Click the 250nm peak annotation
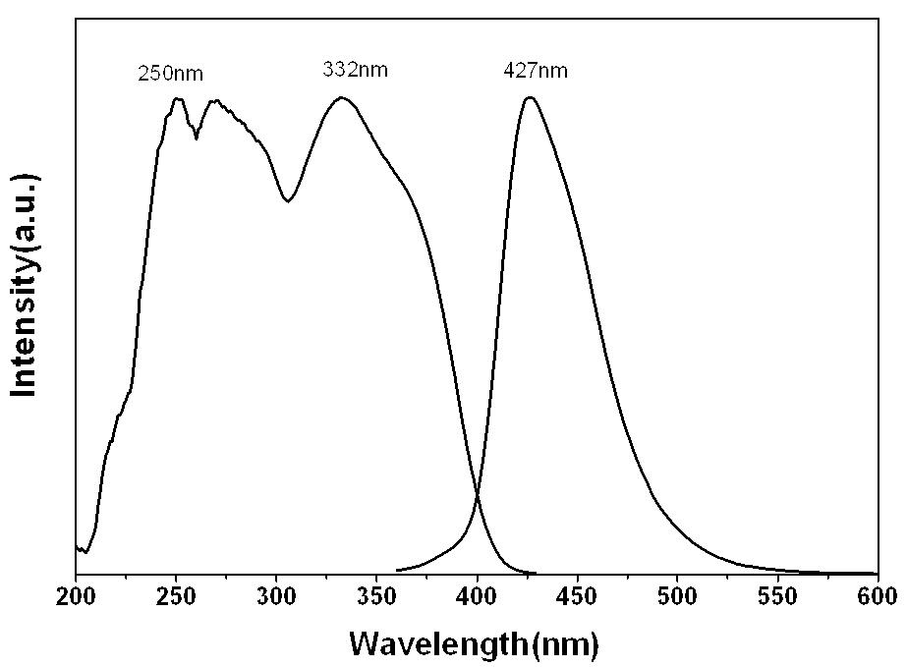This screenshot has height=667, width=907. (x=171, y=74)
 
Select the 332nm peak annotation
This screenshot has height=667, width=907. (x=355, y=70)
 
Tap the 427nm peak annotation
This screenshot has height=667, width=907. (x=536, y=71)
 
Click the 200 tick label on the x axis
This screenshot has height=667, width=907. (x=76, y=597)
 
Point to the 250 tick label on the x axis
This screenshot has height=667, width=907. (x=176, y=597)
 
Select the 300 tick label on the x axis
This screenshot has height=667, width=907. (x=276, y=597)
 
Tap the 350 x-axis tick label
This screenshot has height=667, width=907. (x=376, y=597)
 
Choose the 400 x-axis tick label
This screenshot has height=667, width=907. (x=478, y=597)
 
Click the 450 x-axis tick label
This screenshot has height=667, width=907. (x=577, y=597)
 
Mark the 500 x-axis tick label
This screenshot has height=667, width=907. (x=677, y=597)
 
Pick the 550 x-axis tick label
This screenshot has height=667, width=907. (x=778, y=597)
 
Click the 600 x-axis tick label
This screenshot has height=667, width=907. (x=879, y=597)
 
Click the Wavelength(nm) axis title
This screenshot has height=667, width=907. (x=474, y=643)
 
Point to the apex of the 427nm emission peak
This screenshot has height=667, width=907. (x=530, y=97)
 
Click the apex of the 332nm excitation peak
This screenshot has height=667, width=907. (x=341, y=97)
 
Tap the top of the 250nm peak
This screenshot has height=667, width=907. (x=178, y=98)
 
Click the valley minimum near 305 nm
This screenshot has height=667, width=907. (x=288, y=201)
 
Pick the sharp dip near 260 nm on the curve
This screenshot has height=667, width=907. (x=197, y=139)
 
